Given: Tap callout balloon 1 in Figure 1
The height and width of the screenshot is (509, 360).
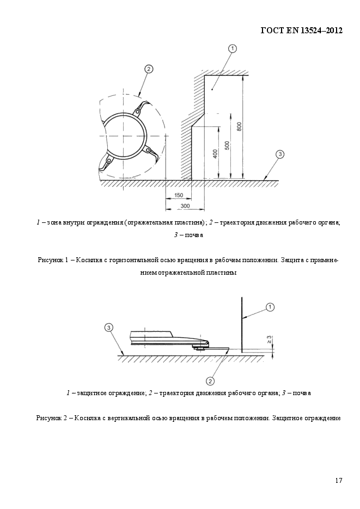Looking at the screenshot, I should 232,49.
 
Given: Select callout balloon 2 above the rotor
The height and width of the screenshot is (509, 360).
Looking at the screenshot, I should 148,69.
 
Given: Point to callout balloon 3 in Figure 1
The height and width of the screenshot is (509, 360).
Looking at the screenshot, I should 279,154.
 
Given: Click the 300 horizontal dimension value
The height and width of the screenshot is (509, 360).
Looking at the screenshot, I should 185,205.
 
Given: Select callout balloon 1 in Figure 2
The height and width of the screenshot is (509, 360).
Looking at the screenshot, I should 270,307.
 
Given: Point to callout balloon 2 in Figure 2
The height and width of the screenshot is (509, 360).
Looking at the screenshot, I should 210,380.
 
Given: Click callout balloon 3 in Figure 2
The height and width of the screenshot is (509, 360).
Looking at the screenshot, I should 109,327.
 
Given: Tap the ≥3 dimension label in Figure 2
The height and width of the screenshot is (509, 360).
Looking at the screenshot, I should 269,340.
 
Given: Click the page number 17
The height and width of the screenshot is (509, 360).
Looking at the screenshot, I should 339,480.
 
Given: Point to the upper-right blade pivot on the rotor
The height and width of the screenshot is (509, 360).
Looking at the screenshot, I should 138,113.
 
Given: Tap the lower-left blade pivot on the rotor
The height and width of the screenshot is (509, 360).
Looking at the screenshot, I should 109,161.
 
